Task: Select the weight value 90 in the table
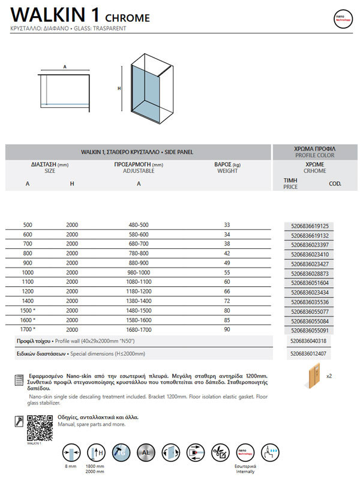pyautogui.click(x=227, y=329)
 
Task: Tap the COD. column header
pyautogui.click(x=335, y=184)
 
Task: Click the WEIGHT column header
pyautogui.click(x=227, y=171)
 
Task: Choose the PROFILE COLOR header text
pyautogui.click(x=316, y=155)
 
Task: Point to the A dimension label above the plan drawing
pyautogui.click(x=64, y=67)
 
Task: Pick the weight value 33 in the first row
pyautogui.click(x=227, y=225)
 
